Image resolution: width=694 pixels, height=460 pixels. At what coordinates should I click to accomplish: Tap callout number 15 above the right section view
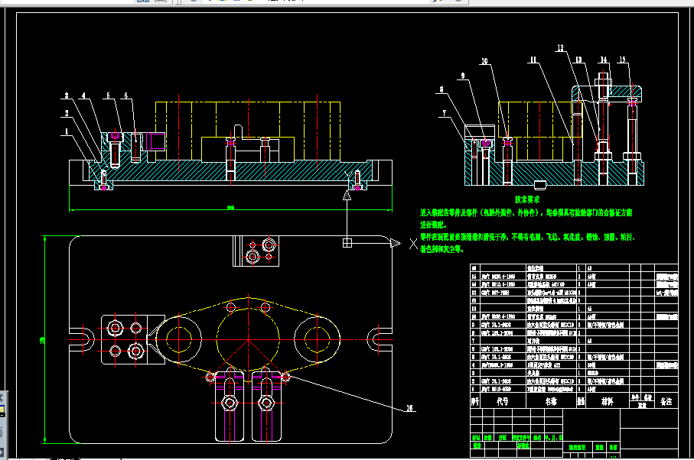(622, 60)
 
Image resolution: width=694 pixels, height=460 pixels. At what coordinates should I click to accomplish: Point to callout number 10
(484, 60)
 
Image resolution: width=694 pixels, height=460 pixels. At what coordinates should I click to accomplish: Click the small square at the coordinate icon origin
(347, 243)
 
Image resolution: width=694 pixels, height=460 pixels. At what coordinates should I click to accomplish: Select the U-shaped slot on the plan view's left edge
(82, 336)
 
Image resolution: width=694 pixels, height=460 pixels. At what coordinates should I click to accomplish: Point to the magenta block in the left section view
(158, 141)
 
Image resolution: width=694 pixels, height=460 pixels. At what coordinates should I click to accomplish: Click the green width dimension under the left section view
(230, 208)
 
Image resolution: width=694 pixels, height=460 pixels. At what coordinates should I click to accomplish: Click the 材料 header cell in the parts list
(606, 400)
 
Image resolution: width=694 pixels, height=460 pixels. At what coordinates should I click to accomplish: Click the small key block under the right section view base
(539, 184)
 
